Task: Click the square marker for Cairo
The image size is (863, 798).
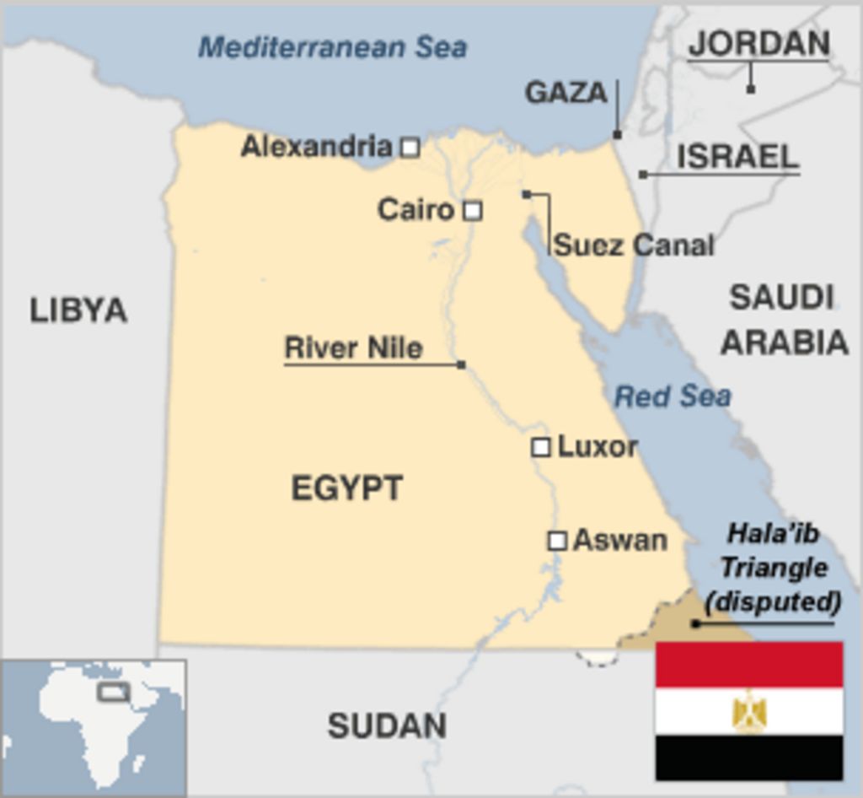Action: pyautogui.click(x=473, y=210)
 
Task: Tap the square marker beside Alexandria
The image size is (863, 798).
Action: pyautogui.click(x=410, y=148)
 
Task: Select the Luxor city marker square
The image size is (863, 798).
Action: pyautogui.click(x=541, y=447)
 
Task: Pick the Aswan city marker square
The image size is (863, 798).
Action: pyautogui.click(x=557, y=541)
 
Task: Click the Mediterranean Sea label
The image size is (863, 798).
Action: pyautogui.click(x=332, y=47)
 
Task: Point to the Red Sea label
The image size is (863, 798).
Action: pyautogui.click(x=672, y=396)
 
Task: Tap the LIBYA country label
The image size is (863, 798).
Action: pyautogui.click(x=78, y=310)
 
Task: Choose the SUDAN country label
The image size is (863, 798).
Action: pyautogui.click(x=387, y=725)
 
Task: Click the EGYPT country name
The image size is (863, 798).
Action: pyautogui.click(x=347, y=488)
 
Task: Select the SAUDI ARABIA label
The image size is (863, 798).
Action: pyautogui.click(x=783, y=320)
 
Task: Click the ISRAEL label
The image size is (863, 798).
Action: pyautogui.click(x=737, y=157)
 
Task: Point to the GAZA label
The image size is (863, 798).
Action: pyautogui.click(x=566, y=93)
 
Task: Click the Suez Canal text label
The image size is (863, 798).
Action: pyautogui.click(x=634, y=245)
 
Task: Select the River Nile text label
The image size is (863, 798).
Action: pyautogui.click(x=353, y=348)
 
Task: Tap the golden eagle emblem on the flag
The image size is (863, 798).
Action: pyautogui.click(x=749, y=710)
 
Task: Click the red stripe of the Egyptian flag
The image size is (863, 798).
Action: pyautogui.click(x=749, y=664)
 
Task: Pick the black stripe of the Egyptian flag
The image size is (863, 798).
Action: pyautogui.click(x=749, y=757)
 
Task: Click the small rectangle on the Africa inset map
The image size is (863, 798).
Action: pyautogui.click(x=114, y=692)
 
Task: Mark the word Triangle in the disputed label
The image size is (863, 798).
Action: pyautogui.click(x=773, y=568)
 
